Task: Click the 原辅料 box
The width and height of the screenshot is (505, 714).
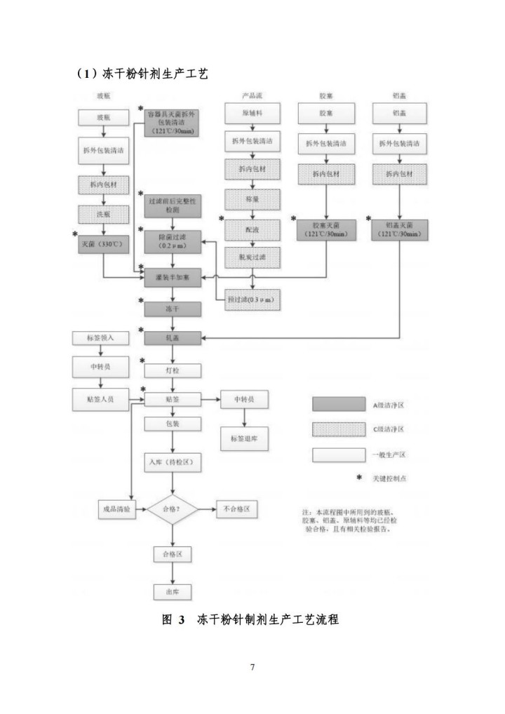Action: click(252, 113)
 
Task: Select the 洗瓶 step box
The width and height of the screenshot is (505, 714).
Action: click(103, 214)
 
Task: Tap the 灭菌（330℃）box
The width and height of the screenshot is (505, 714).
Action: click(103, 245)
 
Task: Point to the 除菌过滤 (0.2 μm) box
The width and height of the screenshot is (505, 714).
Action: click(173, 241)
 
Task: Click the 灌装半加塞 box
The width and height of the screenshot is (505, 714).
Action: click(173, 278)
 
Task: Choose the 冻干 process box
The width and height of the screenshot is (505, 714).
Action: click(173, 308)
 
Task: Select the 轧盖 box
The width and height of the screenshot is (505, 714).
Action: click(173, 338)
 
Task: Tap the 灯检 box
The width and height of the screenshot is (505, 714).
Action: click(173, 369)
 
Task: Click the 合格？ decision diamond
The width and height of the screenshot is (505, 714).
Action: click(173, 508)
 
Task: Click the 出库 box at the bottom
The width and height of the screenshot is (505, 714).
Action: click(173, 591)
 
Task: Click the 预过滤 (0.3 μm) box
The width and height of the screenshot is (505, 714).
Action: click(252, 300)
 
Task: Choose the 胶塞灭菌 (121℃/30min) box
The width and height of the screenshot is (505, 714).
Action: click(326, 229)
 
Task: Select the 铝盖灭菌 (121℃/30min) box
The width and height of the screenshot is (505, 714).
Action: click(400, 229)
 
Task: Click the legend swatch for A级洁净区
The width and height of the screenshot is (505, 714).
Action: click(339, 405)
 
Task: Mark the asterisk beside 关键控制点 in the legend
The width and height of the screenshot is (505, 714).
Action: click(358, 478)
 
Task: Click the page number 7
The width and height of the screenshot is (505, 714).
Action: click(252, 666)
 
